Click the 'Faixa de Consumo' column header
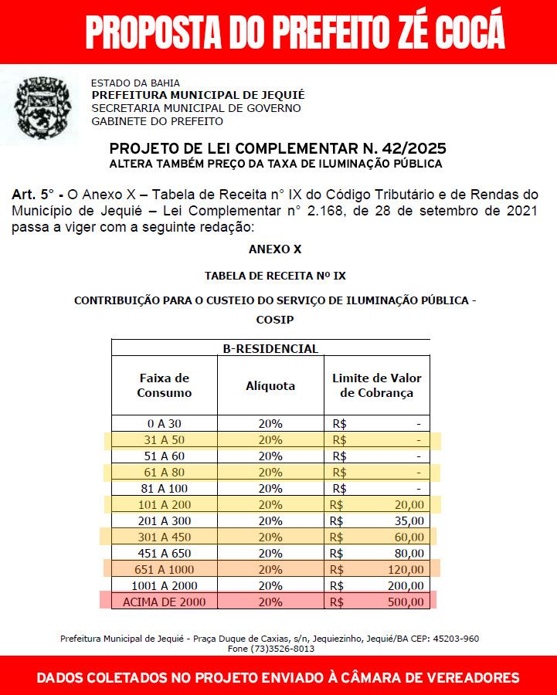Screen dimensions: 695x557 tap(164, 385)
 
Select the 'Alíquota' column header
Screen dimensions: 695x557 tap(270, 385)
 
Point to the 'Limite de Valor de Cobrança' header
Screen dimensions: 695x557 tap(376, 385)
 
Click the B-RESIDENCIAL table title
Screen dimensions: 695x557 tap(270, 348)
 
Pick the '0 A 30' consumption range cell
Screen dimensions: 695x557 tap(164, 424)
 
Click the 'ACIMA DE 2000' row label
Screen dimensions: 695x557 tap(164, 602)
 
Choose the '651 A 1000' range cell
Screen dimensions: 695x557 tap(164, 569)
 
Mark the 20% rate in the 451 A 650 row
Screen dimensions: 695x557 tap(270, 553)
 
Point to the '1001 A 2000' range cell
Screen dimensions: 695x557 tap(164, 585)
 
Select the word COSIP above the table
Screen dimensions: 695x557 tap(274, 319)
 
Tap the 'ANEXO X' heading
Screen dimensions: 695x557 tap(274, 249)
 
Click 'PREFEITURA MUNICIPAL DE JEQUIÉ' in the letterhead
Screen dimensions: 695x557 tap(198, 95)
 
